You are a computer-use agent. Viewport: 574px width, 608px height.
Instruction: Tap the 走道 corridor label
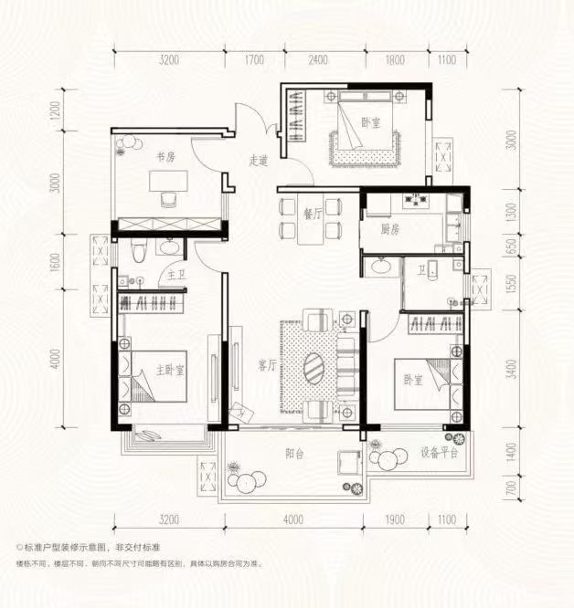click(x=258, y=161)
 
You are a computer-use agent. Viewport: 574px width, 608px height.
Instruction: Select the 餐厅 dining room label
click(x=313, y=214)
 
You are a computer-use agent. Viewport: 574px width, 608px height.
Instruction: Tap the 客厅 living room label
click(x=267, y=366)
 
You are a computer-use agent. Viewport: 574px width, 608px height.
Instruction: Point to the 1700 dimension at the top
click(x=253, y=61)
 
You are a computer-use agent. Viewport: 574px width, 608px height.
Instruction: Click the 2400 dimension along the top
click(x=317, y=61)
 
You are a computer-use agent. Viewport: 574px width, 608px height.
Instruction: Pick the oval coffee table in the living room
click(x=314, y=367)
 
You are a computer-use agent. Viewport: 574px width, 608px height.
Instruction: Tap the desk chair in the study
click(x=167, y=200)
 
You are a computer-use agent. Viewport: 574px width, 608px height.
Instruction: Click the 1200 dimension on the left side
click(x=56, y=114)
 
